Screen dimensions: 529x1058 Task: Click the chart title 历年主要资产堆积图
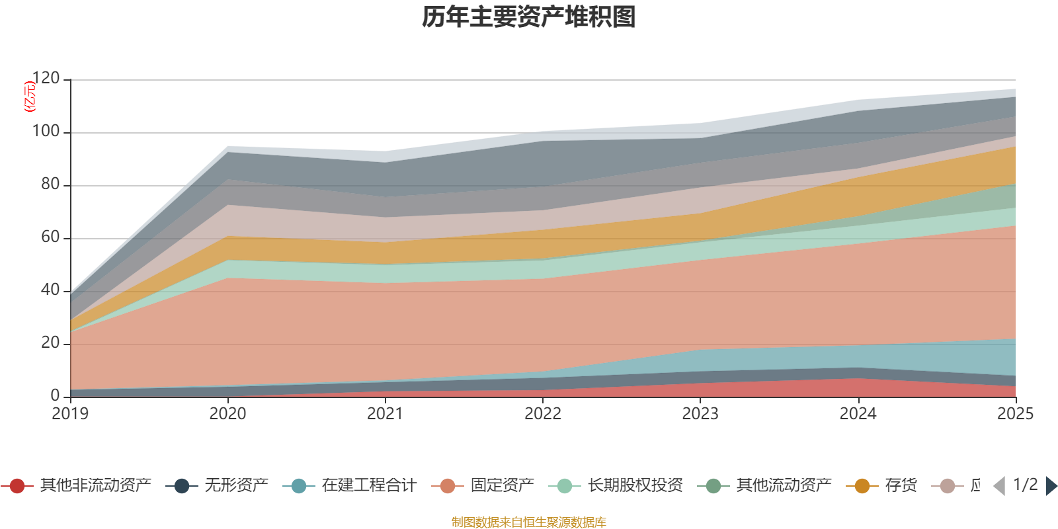click(x=529, y=17)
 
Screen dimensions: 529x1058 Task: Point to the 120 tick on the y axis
click(x=46, y=79)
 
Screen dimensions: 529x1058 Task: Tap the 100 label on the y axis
click(x=46, y=132)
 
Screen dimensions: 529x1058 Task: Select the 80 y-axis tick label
click(x=50, y=184)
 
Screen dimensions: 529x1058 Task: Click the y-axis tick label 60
click(x=50, y=237)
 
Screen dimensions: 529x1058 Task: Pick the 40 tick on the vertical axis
click(x=50, y=290)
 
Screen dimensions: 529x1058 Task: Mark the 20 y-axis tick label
click(x=50, y=343)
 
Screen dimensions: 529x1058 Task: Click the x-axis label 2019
click(x=70, y=414)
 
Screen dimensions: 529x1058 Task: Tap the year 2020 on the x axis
click(x=227, y=414)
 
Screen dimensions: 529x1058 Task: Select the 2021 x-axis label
click(x=385, y=414)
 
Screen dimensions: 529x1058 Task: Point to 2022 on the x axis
click(x=543, y=414)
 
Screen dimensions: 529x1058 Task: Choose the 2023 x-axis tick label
click(x=700, y=414)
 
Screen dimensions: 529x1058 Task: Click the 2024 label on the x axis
click(x=858, y=414)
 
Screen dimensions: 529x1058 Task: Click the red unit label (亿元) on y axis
click(x=29, y=97)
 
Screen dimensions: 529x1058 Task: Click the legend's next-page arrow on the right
click(x=1051, y=486)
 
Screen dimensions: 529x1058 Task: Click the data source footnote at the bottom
click(x=529, y=522)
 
